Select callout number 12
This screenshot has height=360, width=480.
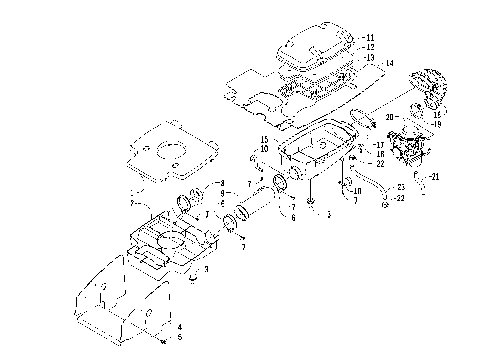pos(371,46)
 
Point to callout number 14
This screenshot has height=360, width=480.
pos(389,64)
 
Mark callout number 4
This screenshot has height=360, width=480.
pos(178,326)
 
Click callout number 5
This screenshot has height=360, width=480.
pos(178,337)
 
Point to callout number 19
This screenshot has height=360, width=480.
pos(436,124)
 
